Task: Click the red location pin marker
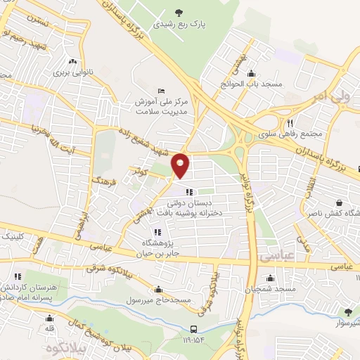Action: coord(181,165)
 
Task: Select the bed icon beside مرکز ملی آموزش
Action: coord(162,91)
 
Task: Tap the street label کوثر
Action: coord(138,171)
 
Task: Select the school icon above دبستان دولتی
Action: coord(188,192)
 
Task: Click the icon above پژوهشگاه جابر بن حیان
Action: coord(156,232)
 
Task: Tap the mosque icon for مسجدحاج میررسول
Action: coord(159,289)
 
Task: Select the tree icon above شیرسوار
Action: coord(347,311)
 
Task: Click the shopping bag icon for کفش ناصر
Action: coord(338,201)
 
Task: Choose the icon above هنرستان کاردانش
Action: coord(18,276)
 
